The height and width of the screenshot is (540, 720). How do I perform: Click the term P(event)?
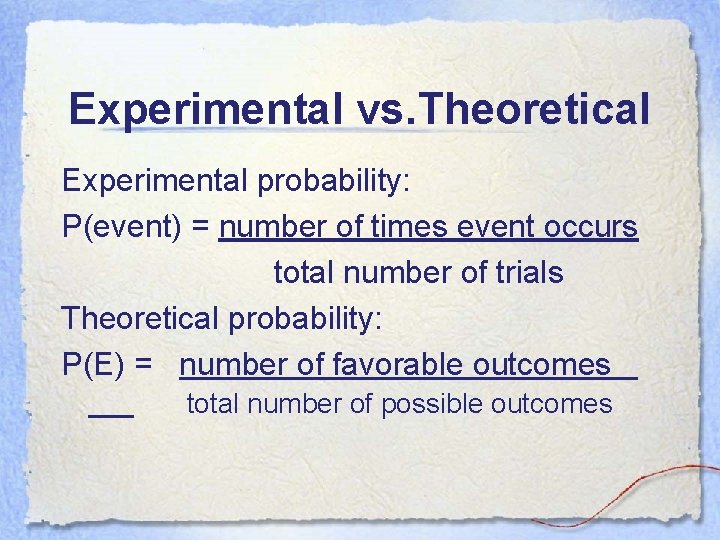tap(121, 228)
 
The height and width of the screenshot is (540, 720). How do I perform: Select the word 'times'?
tap(410, 227)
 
